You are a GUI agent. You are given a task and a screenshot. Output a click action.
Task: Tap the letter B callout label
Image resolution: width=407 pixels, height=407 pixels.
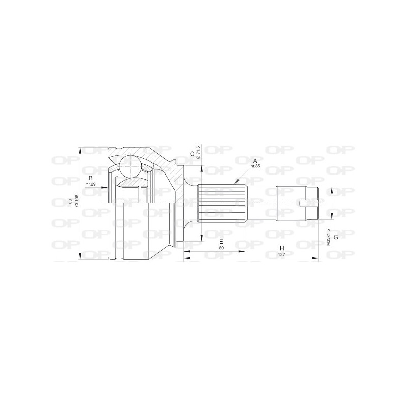(x=90, y=178)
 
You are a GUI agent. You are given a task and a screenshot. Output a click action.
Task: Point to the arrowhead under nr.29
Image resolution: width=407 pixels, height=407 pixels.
(x=105, y=188)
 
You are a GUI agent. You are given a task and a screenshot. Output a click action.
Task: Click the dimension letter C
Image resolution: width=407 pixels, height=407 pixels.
(x=192, y=153)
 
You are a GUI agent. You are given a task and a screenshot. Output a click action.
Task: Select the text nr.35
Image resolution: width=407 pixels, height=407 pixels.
(x=255, y=166)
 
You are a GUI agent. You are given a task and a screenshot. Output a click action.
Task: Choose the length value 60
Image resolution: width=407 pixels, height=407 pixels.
(x=221, y=248)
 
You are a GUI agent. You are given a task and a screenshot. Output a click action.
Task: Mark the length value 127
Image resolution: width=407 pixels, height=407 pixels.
(x=281, y=255)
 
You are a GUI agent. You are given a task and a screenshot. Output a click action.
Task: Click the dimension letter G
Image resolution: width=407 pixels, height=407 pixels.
(x=336, y=237)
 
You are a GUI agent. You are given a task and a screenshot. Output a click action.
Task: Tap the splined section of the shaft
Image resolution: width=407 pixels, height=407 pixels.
(x=222, y=203)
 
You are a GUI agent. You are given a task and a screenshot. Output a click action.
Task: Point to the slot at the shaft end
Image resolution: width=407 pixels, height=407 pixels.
(x=309, y=204)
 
